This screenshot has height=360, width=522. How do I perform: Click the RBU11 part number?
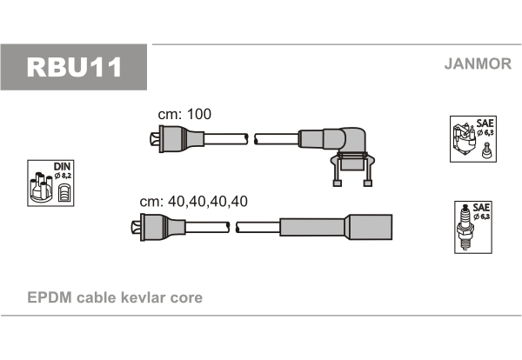[x=74, y=67]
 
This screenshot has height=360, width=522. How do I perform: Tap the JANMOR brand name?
[x=478, y=63]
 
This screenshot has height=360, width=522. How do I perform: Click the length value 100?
[x=199, y=114]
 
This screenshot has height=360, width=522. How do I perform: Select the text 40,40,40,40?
[x=208, y=201]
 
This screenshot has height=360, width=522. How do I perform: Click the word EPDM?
[x=50, y=297]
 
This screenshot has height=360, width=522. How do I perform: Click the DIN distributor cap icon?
[x=50, y=183]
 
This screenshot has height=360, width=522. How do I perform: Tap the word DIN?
[x=63, y=166]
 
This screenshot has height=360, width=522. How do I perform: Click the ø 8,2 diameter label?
[x=63, y=176]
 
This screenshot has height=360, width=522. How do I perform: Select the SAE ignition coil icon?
[x=473, y=139]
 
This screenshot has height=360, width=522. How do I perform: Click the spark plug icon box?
[x=473, y=227]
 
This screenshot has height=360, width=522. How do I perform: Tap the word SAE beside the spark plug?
[x=481, y=207]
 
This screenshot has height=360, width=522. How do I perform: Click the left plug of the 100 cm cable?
[x=177, y=139]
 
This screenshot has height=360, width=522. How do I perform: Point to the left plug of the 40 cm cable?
[x=158, y=227]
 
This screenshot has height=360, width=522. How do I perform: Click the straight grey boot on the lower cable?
[x=336, y=227]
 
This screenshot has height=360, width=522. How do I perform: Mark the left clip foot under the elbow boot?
[x=338, y=183]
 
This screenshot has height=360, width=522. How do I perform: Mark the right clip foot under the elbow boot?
[x=368, y=183]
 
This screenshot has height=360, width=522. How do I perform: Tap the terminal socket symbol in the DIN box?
[x=64, y=193]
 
